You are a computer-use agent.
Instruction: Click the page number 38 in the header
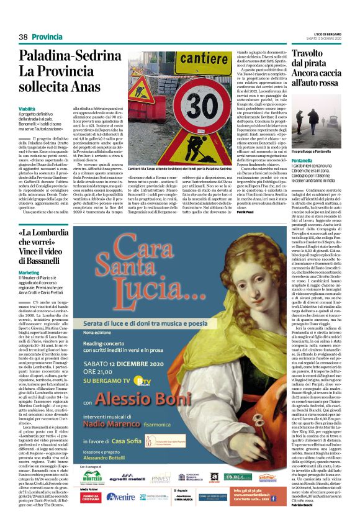point(23,37)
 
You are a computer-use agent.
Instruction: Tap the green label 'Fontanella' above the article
point(302,160)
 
